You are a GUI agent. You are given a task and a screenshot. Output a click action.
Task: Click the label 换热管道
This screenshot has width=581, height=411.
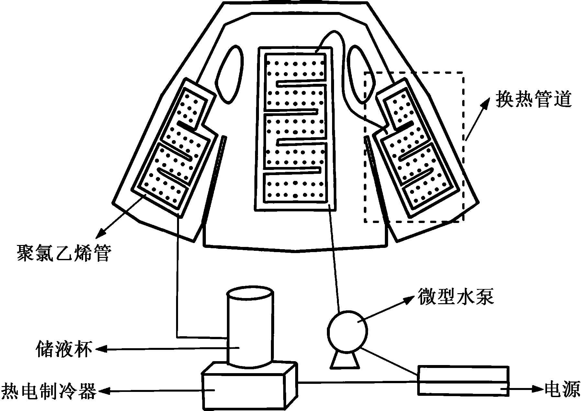click(534, 99)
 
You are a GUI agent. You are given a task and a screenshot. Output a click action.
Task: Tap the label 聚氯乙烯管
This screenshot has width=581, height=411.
click(64, 253)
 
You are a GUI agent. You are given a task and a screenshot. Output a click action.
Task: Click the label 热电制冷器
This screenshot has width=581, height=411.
click(49, 391)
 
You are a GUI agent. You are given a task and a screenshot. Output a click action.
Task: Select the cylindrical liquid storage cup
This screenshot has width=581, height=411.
click(250, 327)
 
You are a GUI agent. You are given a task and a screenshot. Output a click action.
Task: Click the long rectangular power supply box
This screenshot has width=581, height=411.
click(463, 380)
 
